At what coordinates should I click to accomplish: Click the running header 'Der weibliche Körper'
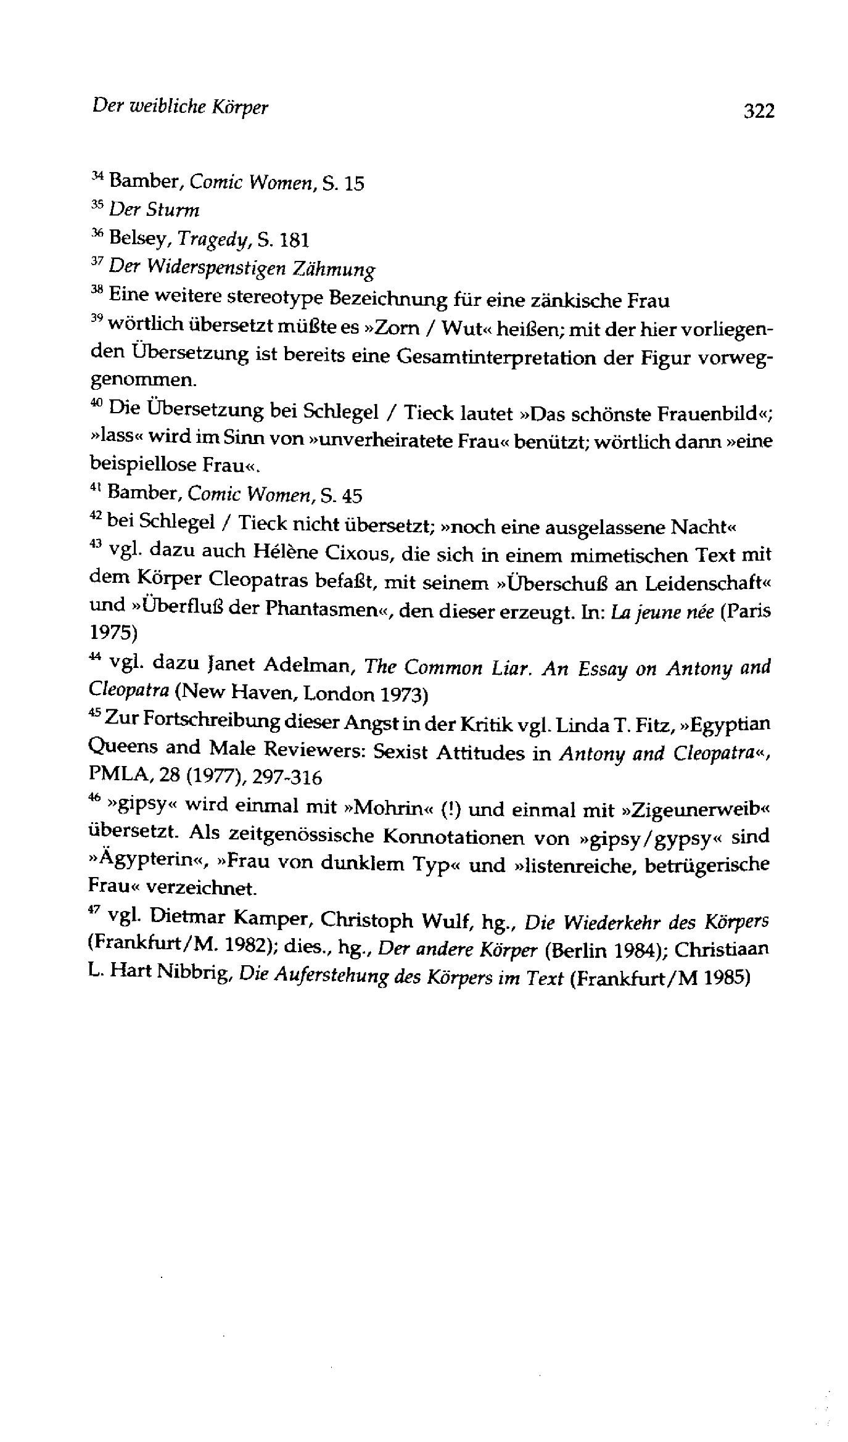[180, 107]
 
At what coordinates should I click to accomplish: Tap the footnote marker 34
[97, 176]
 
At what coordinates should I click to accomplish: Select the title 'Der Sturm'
[154, 210]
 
